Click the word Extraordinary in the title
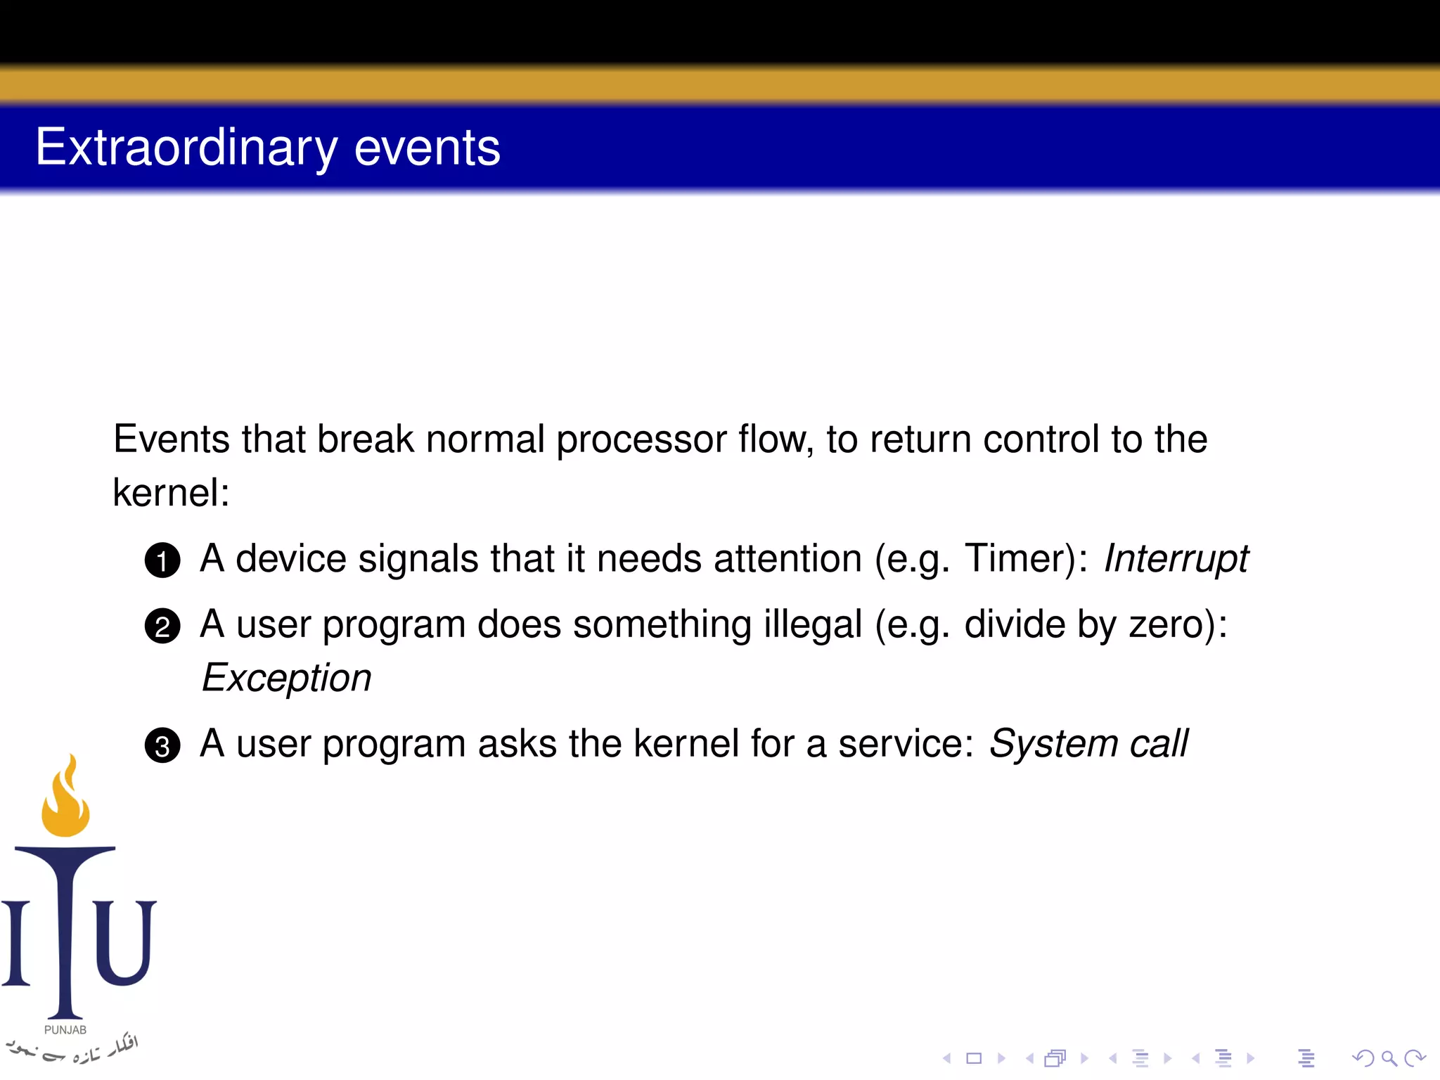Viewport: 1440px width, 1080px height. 186,148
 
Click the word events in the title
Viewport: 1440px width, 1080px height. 427,148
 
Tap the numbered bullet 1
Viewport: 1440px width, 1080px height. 162,560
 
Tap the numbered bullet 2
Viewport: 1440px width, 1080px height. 162,626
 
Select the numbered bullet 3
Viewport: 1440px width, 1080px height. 162,745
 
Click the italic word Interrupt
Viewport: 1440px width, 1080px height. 1176,559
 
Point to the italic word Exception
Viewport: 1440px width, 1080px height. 286,678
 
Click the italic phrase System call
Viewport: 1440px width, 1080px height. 1088,744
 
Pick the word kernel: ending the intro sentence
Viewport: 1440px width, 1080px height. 171,492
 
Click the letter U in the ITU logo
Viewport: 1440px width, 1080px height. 125,942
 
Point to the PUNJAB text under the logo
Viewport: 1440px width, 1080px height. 65,1029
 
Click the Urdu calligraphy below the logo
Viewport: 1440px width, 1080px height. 70,1049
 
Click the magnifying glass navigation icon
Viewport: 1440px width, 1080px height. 1389,1058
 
